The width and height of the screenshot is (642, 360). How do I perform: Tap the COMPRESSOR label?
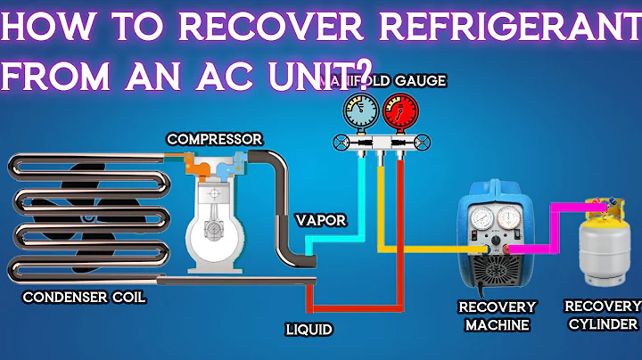[214, 139]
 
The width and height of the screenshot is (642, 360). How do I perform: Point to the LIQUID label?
[309, 330]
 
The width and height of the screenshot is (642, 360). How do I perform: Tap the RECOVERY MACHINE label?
[498, 315]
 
